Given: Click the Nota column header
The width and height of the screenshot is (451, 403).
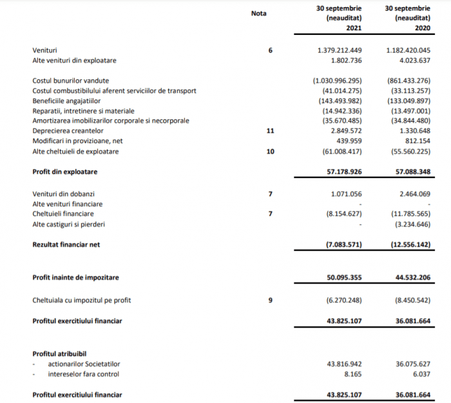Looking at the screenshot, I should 258,13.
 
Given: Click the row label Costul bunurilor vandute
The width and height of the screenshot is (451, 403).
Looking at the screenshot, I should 70,81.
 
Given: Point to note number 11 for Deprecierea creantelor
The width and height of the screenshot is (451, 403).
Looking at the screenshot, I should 271,131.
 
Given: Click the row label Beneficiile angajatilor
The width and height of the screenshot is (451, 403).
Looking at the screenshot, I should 67,101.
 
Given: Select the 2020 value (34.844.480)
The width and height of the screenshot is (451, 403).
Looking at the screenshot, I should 408,121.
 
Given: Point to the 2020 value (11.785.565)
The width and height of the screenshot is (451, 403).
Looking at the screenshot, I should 408,213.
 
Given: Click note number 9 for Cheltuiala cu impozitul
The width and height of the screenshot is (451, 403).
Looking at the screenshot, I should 271,300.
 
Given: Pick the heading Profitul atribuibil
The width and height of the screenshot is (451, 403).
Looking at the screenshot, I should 59,353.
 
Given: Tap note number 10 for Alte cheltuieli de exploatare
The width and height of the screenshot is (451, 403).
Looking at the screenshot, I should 271,152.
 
